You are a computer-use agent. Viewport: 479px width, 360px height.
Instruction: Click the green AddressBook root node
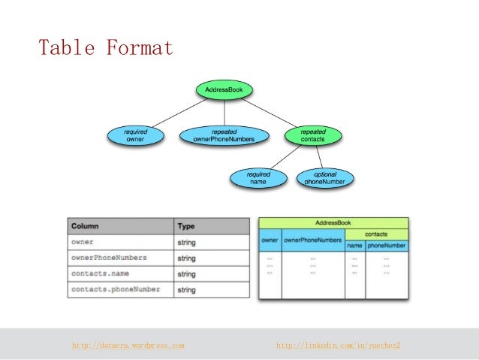[x=224, y=91]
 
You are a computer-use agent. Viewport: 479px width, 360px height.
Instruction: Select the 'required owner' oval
[x=135, y=135]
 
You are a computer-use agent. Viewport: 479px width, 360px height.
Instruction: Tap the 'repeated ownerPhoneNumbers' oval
[x=224, y=135]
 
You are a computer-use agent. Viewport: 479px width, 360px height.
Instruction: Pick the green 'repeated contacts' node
[x=313, y=135]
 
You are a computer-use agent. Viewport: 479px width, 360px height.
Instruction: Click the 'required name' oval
[x=258, y=178]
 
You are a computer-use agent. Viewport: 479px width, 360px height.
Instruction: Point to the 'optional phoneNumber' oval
[x=325, y=178]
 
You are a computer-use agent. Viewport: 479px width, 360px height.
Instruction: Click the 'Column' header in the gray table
[x=85, y=225]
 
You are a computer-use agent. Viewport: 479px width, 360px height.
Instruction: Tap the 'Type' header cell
[x=185, y=225]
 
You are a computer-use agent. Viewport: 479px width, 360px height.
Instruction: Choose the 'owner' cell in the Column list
[x=83, y=242]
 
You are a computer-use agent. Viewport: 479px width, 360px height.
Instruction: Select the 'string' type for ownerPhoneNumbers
[x=186, y=258]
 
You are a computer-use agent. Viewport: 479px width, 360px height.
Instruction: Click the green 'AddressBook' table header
[x=333, y=223]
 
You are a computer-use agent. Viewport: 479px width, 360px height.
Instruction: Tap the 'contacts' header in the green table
[x=375, y=234]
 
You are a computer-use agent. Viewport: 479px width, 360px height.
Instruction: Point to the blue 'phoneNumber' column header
[x=387, y=246]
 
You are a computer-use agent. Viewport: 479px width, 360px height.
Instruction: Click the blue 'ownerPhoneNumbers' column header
[x=312, y=241]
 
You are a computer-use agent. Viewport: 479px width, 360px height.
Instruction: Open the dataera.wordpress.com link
[x=128, y=345]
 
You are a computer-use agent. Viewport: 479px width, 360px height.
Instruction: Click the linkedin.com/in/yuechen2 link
[x=339, y=345]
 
